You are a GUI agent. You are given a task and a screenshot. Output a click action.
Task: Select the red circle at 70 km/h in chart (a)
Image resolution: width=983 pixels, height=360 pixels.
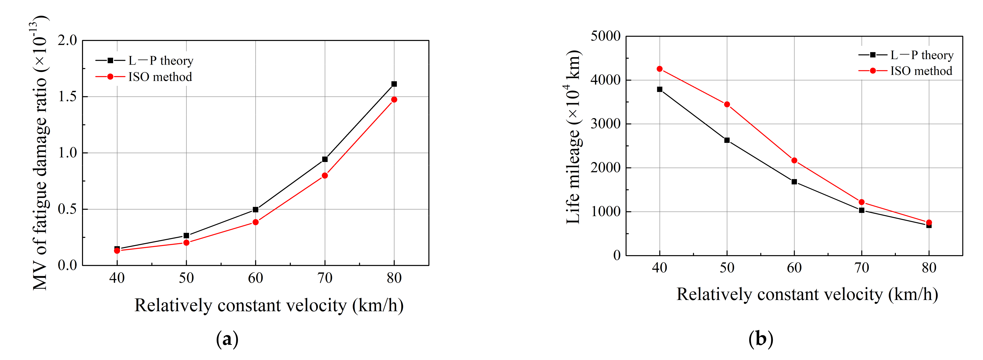click(325, 176)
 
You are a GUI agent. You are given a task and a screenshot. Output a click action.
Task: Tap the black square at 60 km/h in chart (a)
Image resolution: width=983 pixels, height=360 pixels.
click(255, 210)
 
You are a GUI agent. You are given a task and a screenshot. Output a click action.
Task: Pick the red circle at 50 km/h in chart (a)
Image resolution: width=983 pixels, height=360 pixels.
click(186, 243)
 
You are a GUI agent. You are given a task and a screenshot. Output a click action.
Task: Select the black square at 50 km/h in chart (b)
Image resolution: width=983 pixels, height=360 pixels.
click(727, 140)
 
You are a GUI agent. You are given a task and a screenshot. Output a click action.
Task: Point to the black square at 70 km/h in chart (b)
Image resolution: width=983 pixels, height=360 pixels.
click(861, 210)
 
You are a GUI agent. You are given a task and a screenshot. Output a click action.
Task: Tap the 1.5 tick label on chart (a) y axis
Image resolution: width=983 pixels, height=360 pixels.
click(68, 97)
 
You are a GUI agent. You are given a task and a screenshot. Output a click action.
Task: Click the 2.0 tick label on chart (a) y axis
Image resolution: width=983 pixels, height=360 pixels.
click(68, 40)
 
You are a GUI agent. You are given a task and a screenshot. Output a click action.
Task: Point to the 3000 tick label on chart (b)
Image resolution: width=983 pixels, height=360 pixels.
click(606, 124)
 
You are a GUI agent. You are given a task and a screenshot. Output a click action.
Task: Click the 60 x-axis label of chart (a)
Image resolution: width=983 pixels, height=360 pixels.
click(255, 278)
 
